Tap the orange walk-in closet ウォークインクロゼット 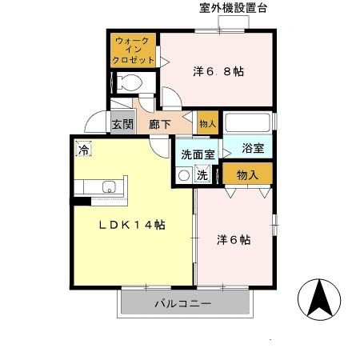[133, 50]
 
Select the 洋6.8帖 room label [218, 70]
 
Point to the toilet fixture [130, 82]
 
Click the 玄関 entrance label [122, 124]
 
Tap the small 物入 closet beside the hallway [206, 123]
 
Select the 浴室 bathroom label [257, 148]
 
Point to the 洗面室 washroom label [197, 154]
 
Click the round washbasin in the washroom [184, 175]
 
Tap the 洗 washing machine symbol [203, 175]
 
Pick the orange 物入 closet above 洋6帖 [247, 174]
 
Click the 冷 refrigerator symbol [83, 150]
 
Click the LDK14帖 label [132, 226]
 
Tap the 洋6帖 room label [234, 238]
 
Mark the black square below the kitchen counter [78, 201]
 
